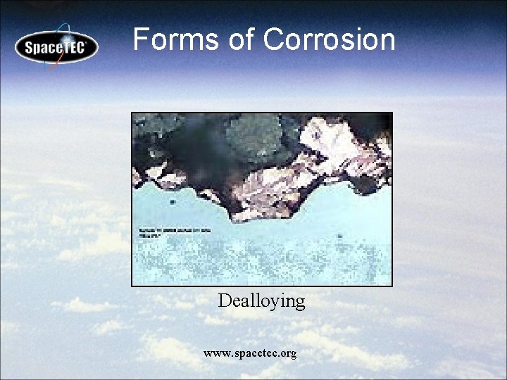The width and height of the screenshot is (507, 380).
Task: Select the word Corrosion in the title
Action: [329, 39]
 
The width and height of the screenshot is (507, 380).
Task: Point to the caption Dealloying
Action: [261, 301]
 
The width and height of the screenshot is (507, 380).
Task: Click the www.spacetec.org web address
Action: [250, 353]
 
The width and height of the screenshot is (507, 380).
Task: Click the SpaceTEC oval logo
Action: [56, 48]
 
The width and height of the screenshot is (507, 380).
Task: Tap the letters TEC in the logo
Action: [73, 48]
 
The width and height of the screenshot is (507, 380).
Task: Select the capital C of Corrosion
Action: [274, 39]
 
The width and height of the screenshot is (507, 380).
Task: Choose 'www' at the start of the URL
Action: [213, 353]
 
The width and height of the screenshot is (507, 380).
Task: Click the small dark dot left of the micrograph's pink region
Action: [173, 202]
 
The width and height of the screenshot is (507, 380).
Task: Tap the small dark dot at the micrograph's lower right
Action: [339, 236]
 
